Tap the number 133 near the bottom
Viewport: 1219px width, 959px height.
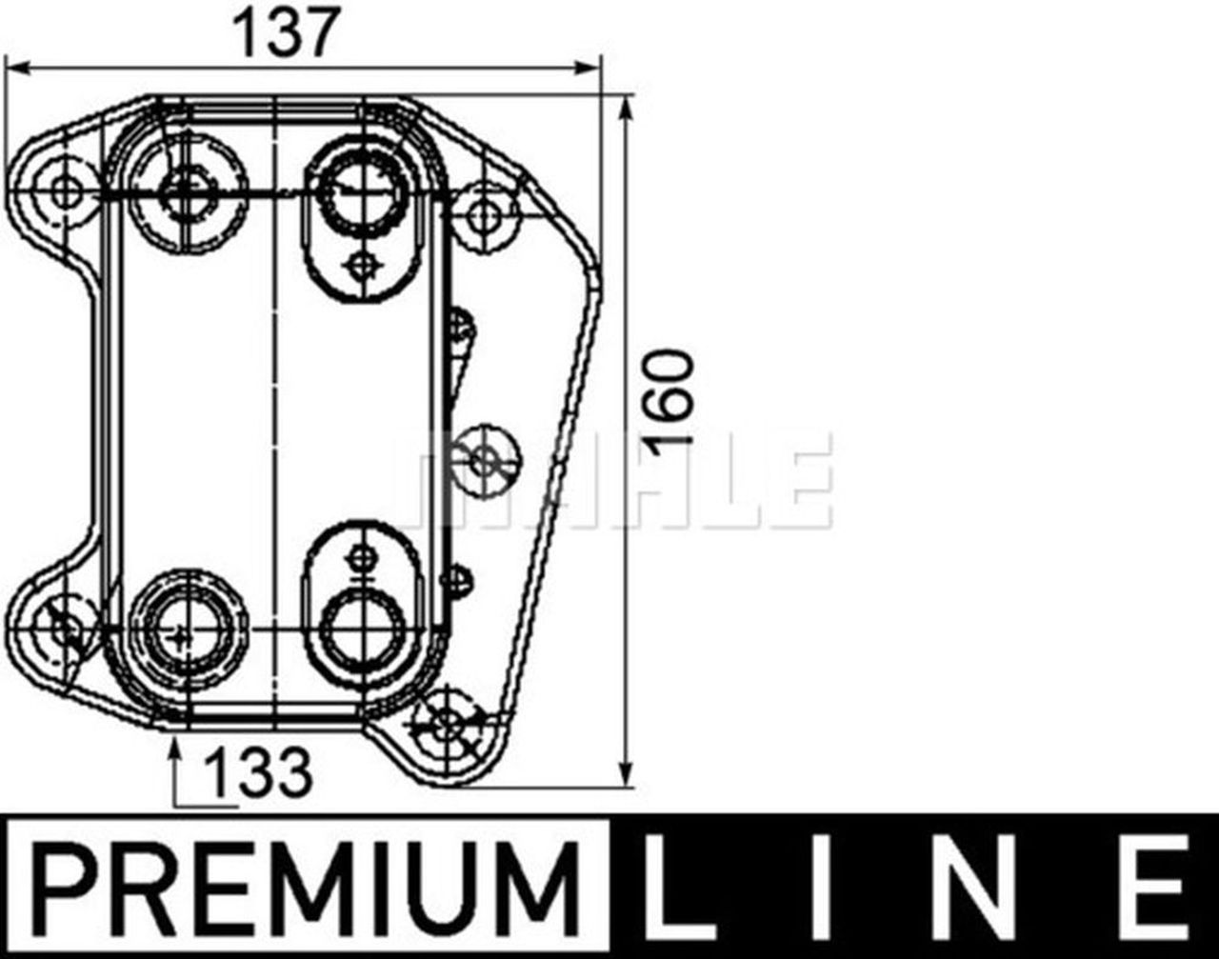click(x=260, y=772)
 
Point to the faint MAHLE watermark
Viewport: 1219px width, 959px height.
click(x=619, y=481)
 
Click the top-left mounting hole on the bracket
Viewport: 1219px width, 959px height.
click(x=65, y=190)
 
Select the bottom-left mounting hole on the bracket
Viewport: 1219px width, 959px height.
click(x=63, y=625)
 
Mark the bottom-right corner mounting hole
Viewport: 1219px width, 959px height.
click(x=447, y=728)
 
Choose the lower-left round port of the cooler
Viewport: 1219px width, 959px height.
click(x=181, y=629)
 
